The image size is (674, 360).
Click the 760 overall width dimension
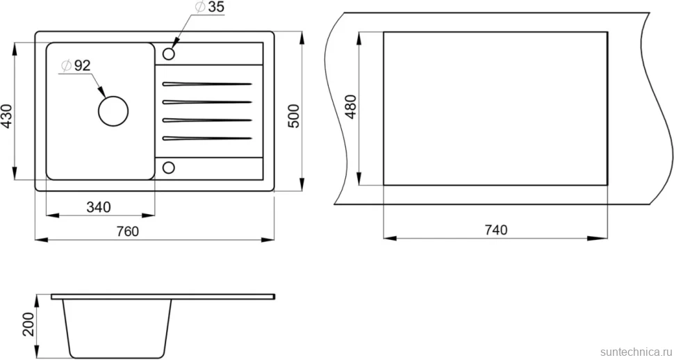[128, 231]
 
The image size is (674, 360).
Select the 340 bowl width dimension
[99, 207]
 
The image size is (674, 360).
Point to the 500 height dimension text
[294, 115]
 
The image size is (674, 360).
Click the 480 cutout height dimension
[351, 106]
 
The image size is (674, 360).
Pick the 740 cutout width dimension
[496, 230]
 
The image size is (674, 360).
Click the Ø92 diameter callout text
[76, 66]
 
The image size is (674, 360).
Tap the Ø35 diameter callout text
[210, 7]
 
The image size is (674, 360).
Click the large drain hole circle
[113, 96]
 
